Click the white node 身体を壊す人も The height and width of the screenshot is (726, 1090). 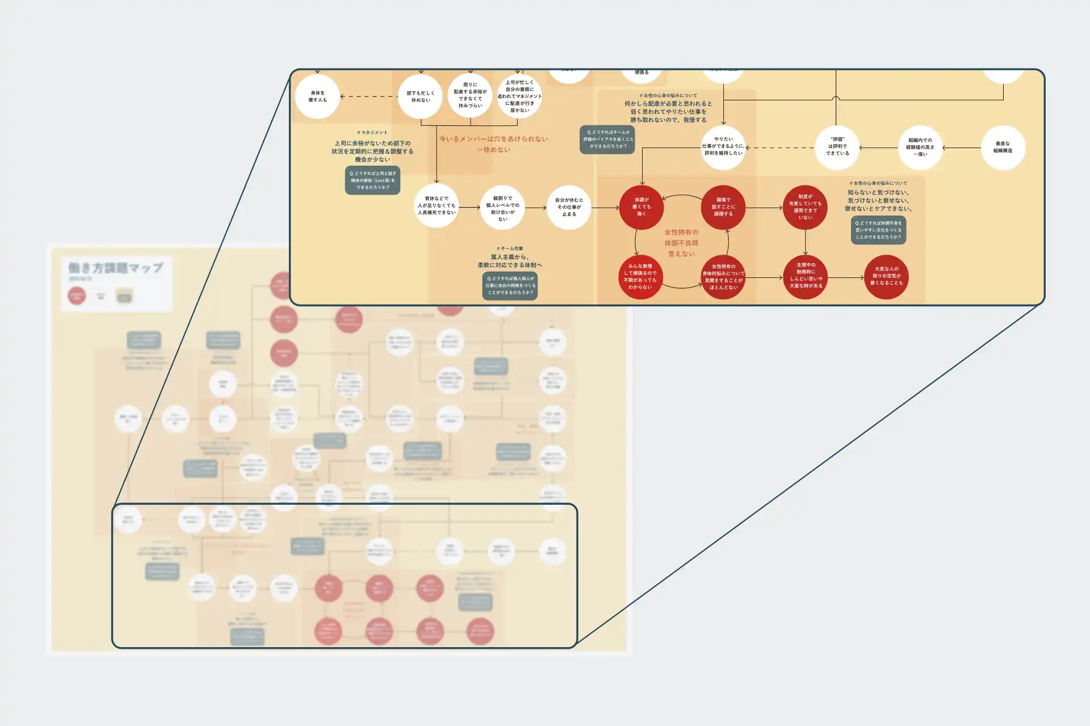[x=317, y=96]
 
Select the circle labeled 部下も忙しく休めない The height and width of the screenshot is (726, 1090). [x=420, y=96]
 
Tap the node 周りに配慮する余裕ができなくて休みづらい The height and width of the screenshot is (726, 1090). [x=470, y=95]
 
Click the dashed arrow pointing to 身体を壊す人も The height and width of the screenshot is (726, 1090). [x=369, y=96]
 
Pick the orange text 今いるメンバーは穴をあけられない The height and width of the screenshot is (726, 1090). [x=493, y=139]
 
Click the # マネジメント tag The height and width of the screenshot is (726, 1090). [x=372, y=132]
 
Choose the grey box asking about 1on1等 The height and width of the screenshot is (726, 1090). [x=372, y=180]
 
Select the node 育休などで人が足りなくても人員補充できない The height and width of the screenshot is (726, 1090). [x=436, y=206]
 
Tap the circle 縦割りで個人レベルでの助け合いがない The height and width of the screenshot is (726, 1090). [x=502, y=208]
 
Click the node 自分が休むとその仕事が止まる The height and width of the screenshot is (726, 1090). [x=569, y=208]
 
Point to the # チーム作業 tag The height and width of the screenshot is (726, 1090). [x=510, y=248]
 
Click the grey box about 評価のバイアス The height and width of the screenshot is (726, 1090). [x=607, y=140]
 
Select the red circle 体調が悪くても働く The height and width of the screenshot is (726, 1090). [x=642, y=207]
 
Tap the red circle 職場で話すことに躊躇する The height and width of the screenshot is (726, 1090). [x=723, y=207]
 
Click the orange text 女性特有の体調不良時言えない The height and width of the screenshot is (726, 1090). [x=681, y=243]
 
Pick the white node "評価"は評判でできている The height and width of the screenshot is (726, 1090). [x=837, y=147]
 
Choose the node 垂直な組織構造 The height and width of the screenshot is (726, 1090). [x=1003, y=147]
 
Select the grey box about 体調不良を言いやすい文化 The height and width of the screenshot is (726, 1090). [x=878, y=230]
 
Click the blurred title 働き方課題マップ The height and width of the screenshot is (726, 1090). [x=116, y=268]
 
